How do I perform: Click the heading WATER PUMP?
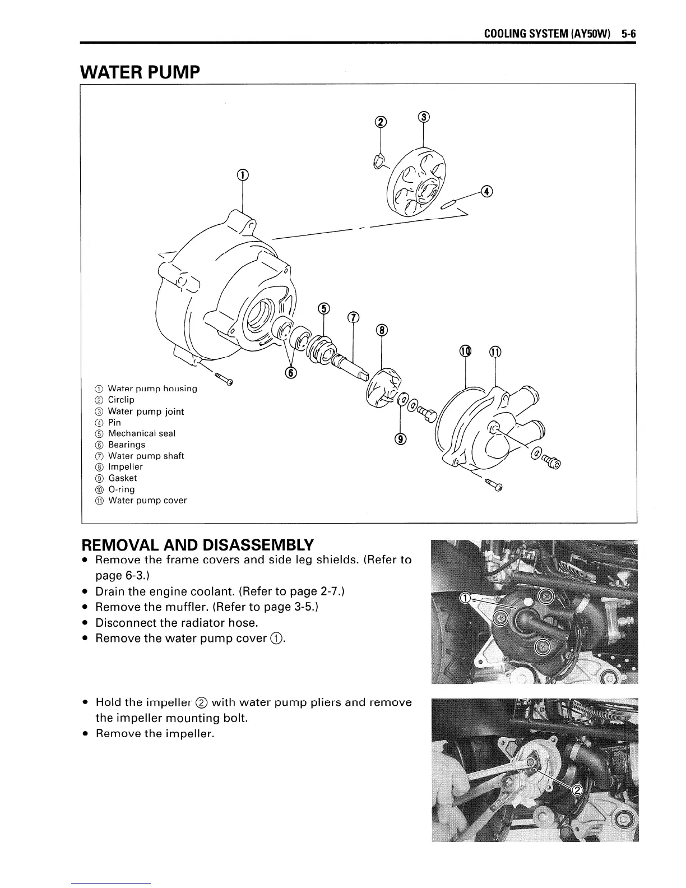(140, 72)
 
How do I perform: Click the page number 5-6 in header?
(629, 33)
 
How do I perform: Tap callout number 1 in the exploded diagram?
(242, 175)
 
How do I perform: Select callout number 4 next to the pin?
(487, 192)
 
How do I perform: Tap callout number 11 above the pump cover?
(495, 352)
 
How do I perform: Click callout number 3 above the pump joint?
(424, 117)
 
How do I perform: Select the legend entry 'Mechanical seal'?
(141, 433)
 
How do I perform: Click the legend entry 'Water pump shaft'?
(146, 456)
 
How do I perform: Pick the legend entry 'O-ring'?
(121, 489)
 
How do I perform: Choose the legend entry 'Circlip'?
(120, 400)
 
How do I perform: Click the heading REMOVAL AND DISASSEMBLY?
(197, 545)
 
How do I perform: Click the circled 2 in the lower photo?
(576, 790)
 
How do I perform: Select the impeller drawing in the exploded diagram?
(383, 388)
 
